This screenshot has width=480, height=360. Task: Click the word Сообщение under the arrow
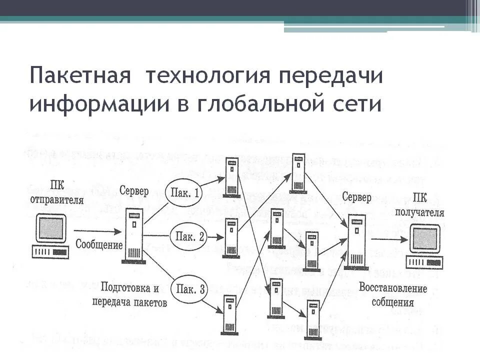click(98, 245)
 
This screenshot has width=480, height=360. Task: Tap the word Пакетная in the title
click(80, 75)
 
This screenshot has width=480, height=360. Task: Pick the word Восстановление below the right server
click(392, 288)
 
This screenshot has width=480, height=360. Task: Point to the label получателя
click(426, 211)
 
